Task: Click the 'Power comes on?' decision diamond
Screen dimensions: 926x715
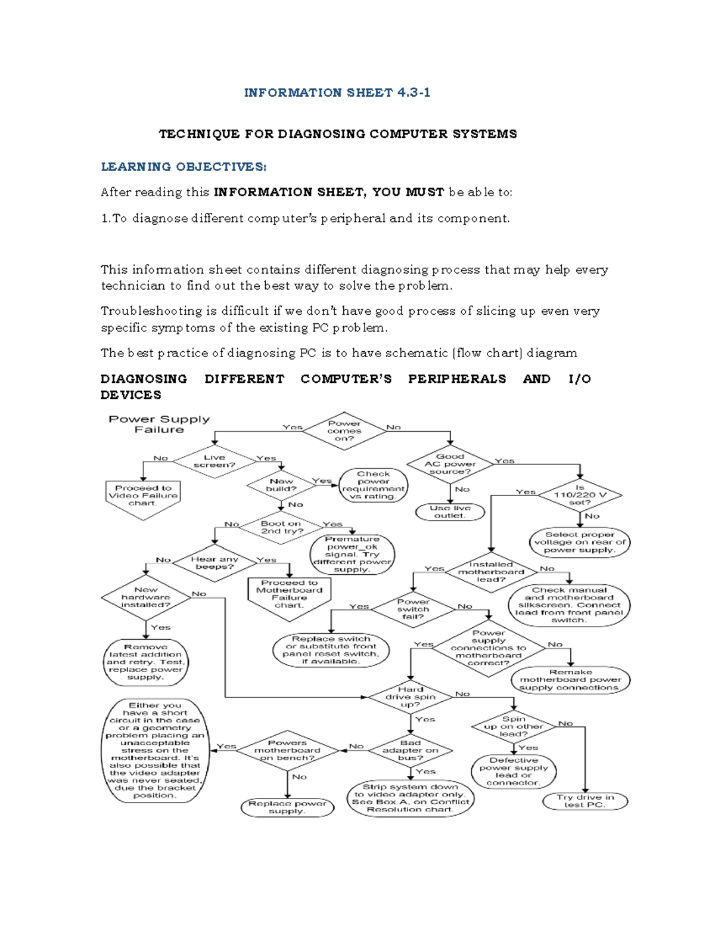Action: click(344, 431)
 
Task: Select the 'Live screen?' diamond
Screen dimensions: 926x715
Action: click(214, 462)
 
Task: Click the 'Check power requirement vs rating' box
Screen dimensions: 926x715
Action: click(374, 485)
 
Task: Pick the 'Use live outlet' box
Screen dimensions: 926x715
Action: click(450, 512)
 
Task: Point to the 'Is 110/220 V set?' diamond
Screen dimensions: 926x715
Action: click(580, 495)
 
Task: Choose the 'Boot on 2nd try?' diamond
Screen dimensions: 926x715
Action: click(282, 528)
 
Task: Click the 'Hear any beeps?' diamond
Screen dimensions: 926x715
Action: click(214, 563)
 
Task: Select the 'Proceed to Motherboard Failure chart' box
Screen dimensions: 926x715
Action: click(290, 595)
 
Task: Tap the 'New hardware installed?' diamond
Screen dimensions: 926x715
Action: click(146, 597)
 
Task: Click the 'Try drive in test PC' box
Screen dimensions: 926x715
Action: click(585, 801)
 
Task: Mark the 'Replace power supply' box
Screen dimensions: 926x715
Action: click(287, 807)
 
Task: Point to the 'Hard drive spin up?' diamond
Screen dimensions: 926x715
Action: click(411, 696)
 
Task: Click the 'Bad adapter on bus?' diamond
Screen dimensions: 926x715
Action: click(411, 750)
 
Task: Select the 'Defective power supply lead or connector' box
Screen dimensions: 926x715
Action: click(514, 772)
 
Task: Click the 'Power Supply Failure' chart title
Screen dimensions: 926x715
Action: click(159, 424)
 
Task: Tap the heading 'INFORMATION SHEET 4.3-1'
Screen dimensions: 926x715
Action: click(337, 92)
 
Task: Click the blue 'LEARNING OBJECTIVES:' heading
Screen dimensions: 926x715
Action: click(184, 167)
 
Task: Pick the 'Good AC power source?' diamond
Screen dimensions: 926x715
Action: click(450, 464)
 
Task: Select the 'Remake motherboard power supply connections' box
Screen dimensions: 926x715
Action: click(570, 680)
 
